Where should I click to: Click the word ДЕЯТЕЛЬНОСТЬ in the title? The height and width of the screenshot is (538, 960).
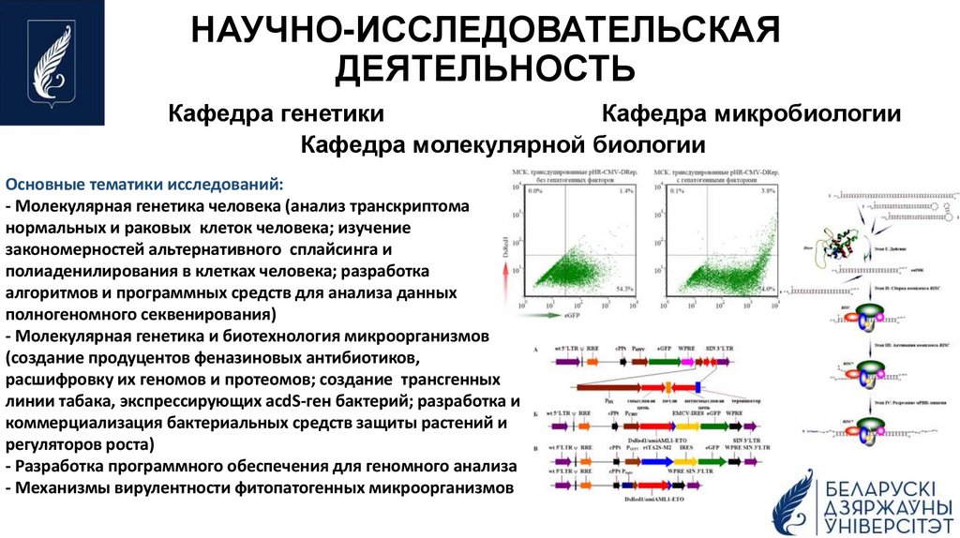486,68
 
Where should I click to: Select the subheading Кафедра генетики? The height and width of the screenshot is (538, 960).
276,114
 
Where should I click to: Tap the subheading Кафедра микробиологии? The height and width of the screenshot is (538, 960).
751,114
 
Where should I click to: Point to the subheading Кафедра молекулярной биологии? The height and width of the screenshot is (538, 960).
502,145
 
